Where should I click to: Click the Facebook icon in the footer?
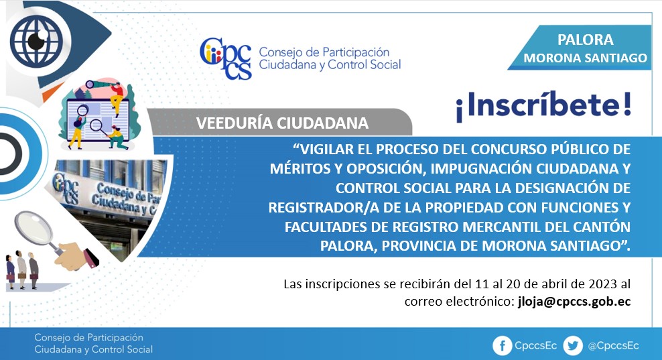(502, 346)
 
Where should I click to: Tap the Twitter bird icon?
(573, 346)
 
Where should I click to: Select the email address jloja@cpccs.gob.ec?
(574, 302)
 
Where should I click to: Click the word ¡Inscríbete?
(544, 106)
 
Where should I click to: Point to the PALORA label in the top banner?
(585, 40)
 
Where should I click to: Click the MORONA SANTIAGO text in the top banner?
(585, 58)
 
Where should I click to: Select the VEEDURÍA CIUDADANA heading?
(282, 123)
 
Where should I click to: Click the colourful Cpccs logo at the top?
(225, 59)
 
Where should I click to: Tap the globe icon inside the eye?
(36, 41)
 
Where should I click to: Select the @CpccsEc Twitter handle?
(613, 346)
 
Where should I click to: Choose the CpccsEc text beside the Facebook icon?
(535, 346)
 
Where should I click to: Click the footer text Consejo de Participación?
(88, 338)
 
